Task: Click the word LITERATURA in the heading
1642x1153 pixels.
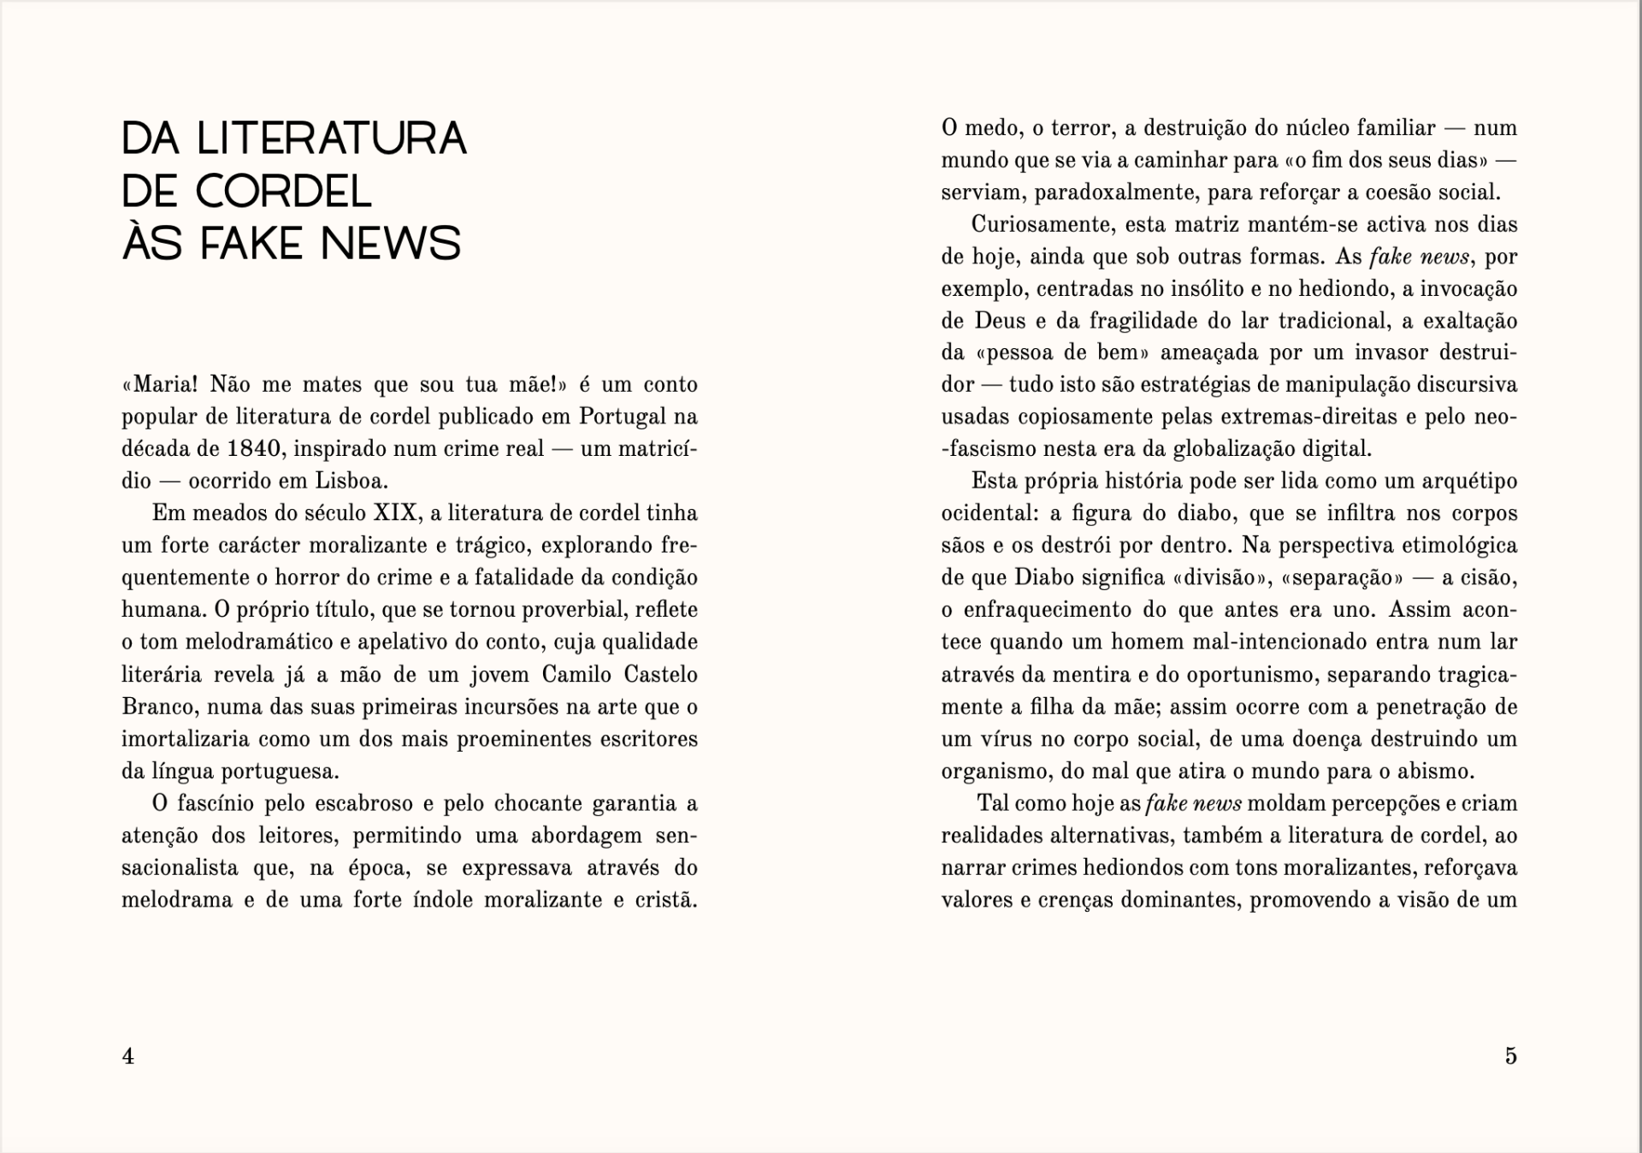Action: tap(332, 139)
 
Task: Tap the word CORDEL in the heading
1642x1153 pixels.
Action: tap(284, 192)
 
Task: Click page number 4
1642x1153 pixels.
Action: tap(128, 1056)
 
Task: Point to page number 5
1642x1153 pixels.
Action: tap(1510, 1056)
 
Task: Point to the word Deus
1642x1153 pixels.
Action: tap(996, 321)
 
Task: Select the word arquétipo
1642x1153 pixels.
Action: tap(1469, 481)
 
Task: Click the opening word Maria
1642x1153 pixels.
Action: tap(165, 385)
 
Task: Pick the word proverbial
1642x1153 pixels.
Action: tap(573, 610)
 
